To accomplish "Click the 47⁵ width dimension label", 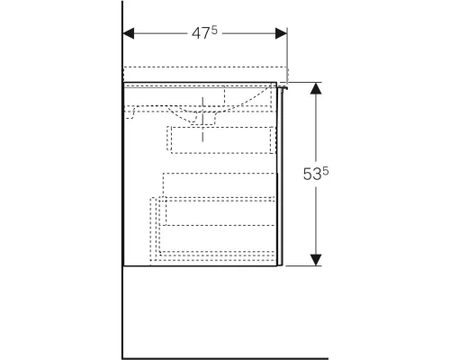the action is click(204, 32).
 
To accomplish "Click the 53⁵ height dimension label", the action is click(316, 174).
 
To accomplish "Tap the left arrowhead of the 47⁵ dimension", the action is click(129, 33).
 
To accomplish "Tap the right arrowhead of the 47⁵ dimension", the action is click(281, 33).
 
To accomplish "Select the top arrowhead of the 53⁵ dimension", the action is click(316, 88).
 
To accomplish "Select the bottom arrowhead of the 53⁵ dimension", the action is click(316, 260).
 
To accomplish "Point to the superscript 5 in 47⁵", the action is click(214, 30).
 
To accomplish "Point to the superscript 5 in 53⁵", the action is click(326, 171).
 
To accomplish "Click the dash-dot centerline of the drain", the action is click(202, 119).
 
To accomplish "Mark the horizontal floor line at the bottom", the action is click(225, 358).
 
